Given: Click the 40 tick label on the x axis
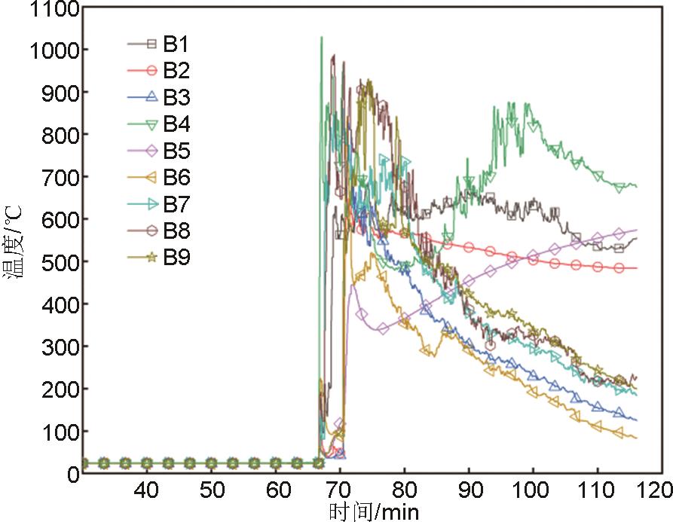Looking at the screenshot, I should pyautogui.click(x=148, y=490).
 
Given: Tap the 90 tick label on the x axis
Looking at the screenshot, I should pyautogui.click(x=469, y=490).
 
